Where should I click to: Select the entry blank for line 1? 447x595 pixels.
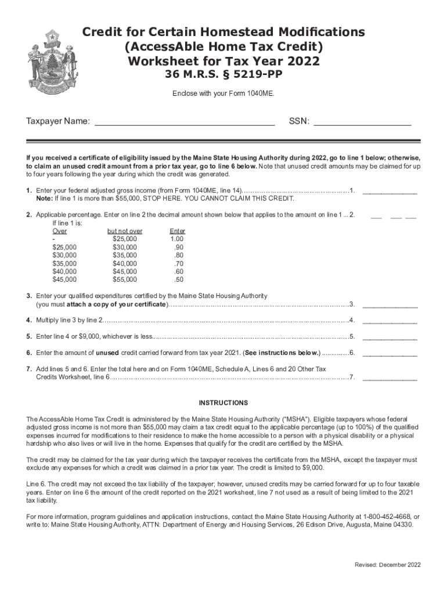(x=390, y=192)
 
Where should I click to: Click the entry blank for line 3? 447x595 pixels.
(x=390, y=304)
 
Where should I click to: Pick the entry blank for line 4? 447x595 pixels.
(x=390, y=320)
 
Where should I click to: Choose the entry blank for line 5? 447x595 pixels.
(x=390, y=336)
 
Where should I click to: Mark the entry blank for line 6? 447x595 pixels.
(x=390, y=353)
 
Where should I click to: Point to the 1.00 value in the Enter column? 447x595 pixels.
(x=176, y=239)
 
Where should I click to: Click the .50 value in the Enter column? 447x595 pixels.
(x=178, y=279)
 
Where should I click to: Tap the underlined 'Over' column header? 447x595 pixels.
(x=60, y=231)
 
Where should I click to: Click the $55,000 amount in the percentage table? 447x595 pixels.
(x=125, y=279)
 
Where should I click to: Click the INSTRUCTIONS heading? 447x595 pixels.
(x=223, y=403)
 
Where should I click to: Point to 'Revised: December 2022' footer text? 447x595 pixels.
(x=388, y=565)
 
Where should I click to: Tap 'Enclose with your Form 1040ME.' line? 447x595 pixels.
(x=223, y=93)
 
